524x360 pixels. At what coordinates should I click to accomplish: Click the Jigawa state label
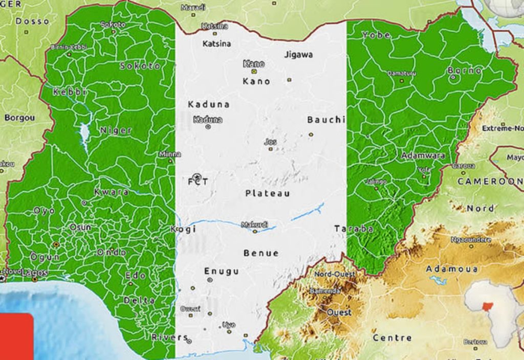click(298, 55)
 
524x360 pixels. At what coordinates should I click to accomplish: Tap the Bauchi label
click(326, 120)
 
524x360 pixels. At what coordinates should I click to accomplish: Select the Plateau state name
click(268, 193)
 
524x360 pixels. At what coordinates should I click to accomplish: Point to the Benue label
click(261, 253)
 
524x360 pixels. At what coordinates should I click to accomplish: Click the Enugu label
click(222, 271)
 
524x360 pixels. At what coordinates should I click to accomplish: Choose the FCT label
click(198, 182)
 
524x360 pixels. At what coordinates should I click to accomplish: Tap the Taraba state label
click(354, 229)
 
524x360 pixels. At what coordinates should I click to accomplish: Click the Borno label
click(465, 71)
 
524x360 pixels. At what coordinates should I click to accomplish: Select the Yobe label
click(376, 35)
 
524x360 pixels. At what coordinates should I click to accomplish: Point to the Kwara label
click(112, 192)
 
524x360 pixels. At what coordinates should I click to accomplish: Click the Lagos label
click(34, 273)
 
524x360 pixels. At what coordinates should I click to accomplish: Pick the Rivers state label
click(169, 337)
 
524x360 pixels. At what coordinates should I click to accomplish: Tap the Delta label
click(139, 300)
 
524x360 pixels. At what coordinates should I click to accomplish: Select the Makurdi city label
click(254, 224)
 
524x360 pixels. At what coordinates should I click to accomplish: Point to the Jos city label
click(271, 142)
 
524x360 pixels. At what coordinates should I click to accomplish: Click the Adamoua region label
click(452, 268)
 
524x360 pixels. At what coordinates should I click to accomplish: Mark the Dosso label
click(32, 21)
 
